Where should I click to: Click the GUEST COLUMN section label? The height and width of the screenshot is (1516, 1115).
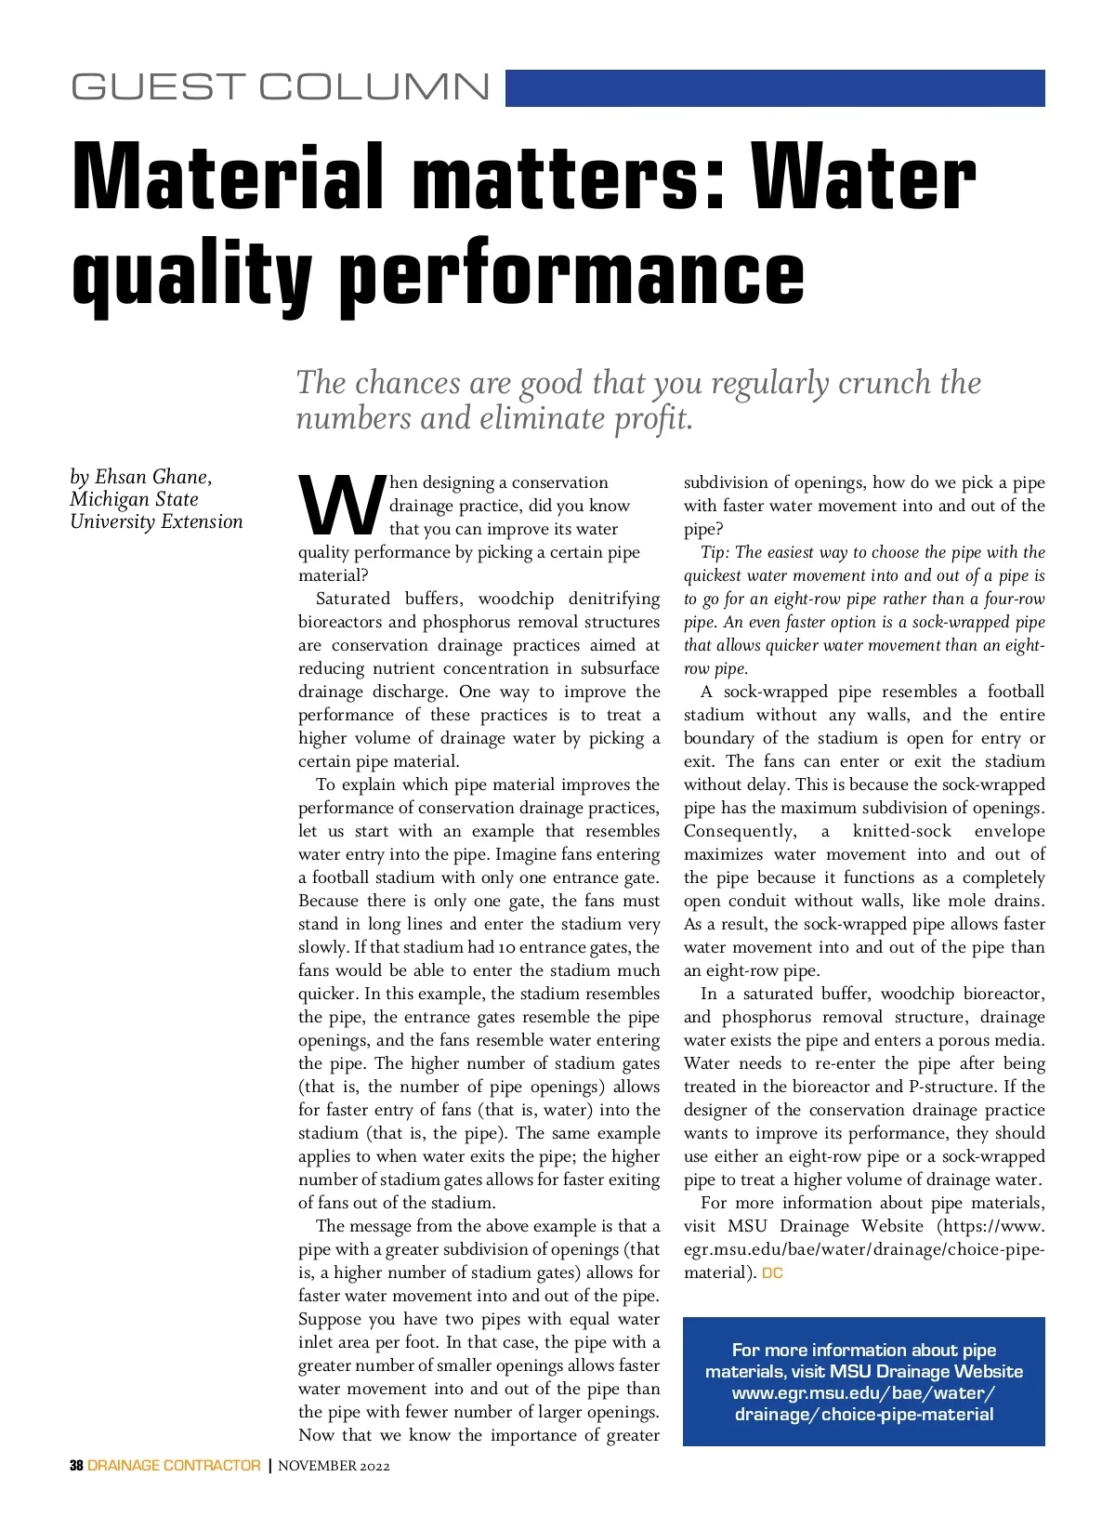click(x=280, y=87)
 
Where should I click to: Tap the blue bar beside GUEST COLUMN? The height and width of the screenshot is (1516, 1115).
click(x=775, y=88)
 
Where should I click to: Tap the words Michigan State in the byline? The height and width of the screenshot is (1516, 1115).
click(x=134, y=499)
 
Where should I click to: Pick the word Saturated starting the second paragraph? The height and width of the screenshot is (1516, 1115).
click(x=353, y=599)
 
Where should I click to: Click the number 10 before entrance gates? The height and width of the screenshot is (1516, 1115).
click(x=506, y=947)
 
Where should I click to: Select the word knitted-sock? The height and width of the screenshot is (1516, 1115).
click(x=902, y=831)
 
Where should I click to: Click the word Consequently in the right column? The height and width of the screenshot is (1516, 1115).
click(x=739, y=831)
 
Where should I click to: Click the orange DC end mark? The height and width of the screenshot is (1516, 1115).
click(x=772, y=1273)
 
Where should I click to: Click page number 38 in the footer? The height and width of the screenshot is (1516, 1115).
click(x=76, y=1466)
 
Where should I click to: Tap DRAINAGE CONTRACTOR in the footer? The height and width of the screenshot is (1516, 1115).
click(x=174, y=1466)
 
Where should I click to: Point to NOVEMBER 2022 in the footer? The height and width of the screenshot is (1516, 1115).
click(x=334, y=1467)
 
